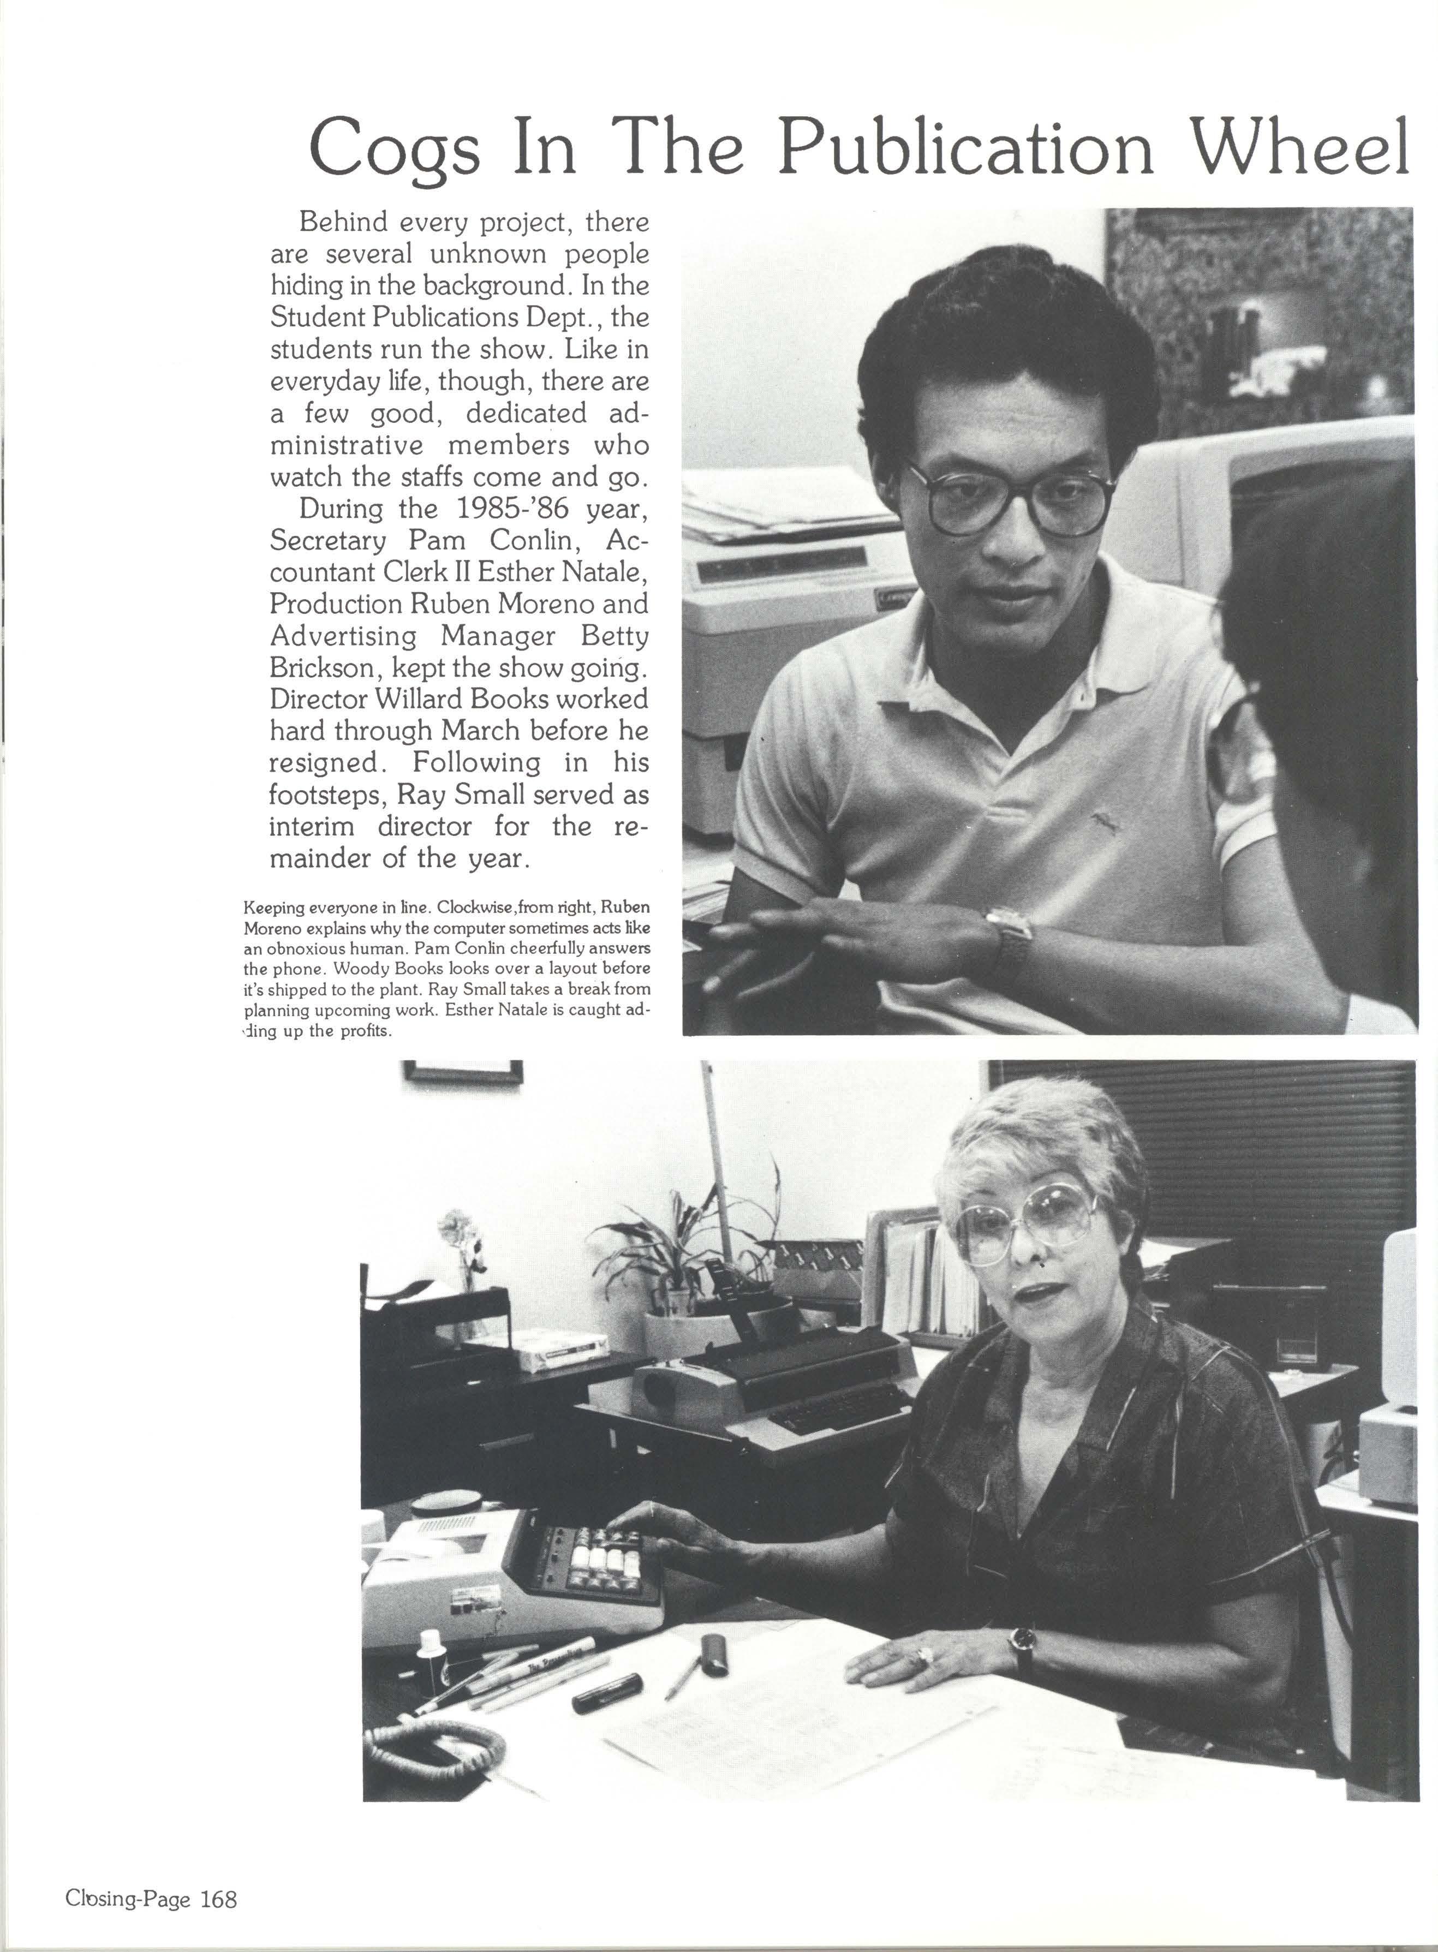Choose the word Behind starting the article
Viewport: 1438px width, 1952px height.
[342, 223]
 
